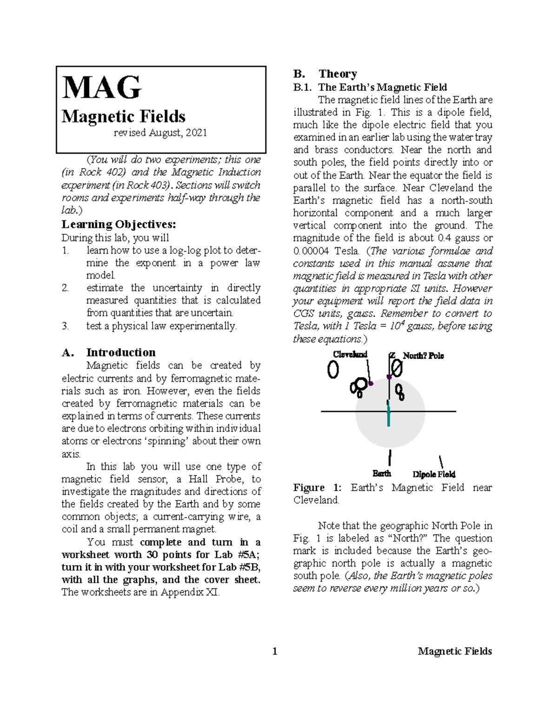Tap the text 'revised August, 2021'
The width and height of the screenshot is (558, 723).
[160, 133]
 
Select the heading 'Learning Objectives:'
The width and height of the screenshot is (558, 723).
[119, 224]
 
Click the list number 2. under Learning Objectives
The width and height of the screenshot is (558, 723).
[66, 288]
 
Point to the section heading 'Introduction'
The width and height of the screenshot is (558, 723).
[120, 352]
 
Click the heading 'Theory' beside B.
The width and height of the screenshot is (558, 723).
[338, 74]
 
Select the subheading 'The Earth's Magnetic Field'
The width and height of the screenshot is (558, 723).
[382, 87]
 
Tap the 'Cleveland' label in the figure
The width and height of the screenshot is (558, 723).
[350, 354]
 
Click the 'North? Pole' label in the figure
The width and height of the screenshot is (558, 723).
[423, 356]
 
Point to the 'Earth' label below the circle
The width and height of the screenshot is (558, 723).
[382, 473]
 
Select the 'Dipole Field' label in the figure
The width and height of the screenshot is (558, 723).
[434, 474]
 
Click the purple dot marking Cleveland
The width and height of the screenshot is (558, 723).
[371, 384]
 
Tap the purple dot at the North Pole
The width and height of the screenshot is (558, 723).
[389, 377]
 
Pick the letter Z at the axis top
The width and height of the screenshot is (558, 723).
[392, 356]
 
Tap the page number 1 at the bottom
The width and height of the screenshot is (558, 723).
[275, 651]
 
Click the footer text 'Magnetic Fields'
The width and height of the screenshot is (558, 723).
[454, 651]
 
